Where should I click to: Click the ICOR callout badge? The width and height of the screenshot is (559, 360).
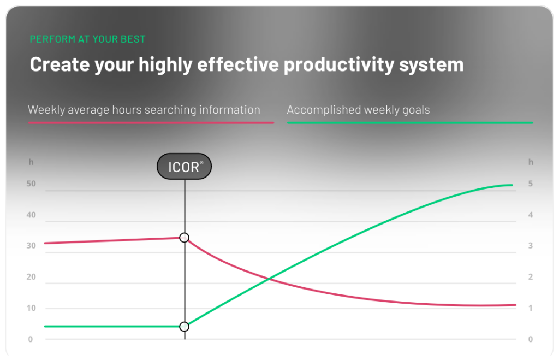click(185, 167)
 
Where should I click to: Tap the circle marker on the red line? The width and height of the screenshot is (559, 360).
click(185, 238)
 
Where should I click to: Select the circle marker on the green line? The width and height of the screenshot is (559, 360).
click(185, 327)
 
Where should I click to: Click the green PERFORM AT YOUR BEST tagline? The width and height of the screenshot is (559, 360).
click(87, 39)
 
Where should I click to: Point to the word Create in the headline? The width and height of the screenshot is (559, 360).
click(60, 64)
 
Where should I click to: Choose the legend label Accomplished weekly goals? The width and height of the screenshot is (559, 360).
click(358, 110)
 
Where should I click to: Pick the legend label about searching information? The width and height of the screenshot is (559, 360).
click(144, 110)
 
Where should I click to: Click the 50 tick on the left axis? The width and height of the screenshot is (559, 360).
click(31, 184)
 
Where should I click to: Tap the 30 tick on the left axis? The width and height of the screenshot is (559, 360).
click(31, 246)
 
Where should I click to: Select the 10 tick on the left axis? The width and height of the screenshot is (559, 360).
click(31, 308)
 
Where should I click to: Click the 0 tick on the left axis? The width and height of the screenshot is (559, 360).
click(31, 339)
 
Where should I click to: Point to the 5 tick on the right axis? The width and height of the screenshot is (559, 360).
click(530, 184)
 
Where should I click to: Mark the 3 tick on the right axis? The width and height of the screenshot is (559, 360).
click(530, 246)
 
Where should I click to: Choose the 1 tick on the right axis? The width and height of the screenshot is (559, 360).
click(530, 308)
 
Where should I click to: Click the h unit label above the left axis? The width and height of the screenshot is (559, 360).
click(31, 162)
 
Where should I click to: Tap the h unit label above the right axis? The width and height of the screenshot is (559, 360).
click(530, 162)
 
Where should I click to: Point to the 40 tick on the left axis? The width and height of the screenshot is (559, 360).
click(31, 215)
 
